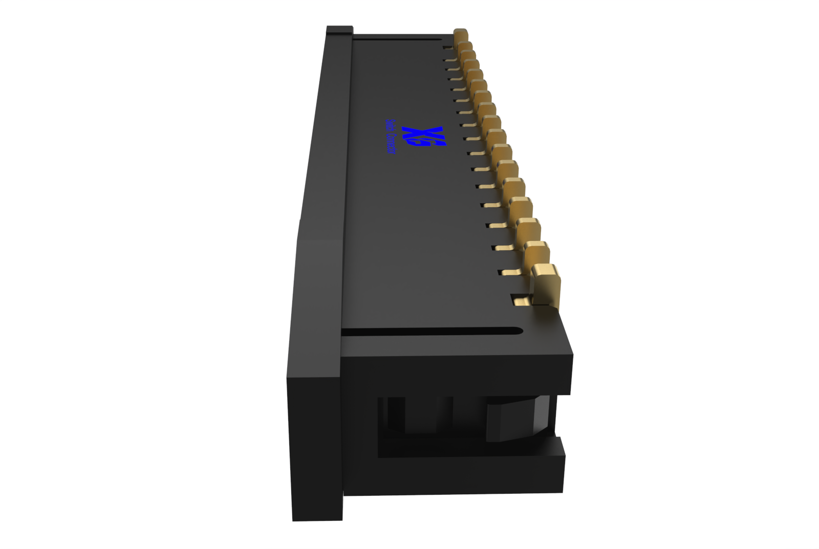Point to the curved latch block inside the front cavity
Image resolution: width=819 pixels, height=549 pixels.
click(x=517, y=421)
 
